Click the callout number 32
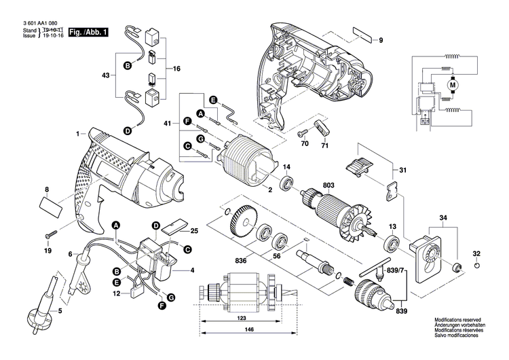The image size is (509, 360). click(476, 254)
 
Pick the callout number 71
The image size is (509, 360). click(324, 145)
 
